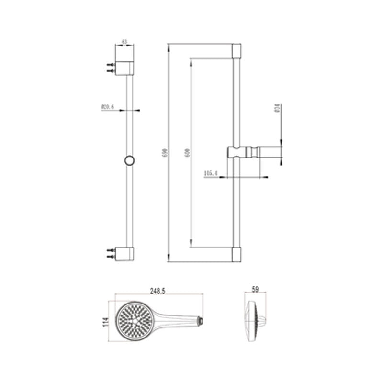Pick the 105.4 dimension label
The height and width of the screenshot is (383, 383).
211,173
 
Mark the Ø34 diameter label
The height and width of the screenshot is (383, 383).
277,109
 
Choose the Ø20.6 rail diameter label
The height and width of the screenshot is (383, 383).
107,107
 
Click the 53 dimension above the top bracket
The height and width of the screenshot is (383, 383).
124,42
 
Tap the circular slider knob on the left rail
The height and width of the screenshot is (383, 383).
129,160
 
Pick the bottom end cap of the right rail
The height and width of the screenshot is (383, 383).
237,255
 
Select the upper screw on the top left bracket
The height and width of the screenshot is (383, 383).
111,64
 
